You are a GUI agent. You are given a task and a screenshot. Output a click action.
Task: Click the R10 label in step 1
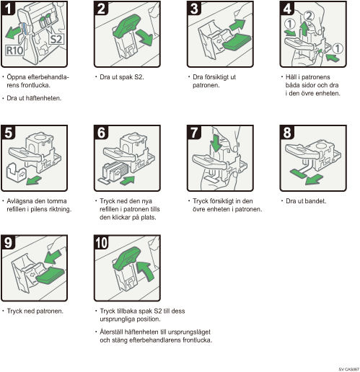pos(14,50)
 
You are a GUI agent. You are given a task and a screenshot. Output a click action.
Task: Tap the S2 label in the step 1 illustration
pos(56,39)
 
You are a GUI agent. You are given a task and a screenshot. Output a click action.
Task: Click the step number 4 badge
pos(287,9)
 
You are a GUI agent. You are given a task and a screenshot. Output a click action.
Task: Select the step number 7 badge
pos(194,133)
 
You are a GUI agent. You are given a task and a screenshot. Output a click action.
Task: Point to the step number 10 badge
pos(102,243)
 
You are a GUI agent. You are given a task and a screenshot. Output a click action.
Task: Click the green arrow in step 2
pos(144,37)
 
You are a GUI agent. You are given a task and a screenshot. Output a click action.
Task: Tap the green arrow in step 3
pos(237,25)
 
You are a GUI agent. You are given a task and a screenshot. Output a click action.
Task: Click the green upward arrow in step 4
pos(304,28)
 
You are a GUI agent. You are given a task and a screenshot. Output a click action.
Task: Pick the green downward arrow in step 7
pos(216,143)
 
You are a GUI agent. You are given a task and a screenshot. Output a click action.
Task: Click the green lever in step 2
pos(127,26)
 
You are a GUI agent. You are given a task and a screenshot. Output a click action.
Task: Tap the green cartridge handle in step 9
pos(50,276)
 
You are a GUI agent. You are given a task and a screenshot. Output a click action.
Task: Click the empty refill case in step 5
pos(15,171)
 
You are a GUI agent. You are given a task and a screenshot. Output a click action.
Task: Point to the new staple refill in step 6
pos(113,170)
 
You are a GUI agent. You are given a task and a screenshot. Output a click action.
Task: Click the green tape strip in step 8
pos(298,174)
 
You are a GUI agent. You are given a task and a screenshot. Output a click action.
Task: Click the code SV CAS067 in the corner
pos(349,369)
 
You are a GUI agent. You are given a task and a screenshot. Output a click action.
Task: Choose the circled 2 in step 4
pos(309,16)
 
